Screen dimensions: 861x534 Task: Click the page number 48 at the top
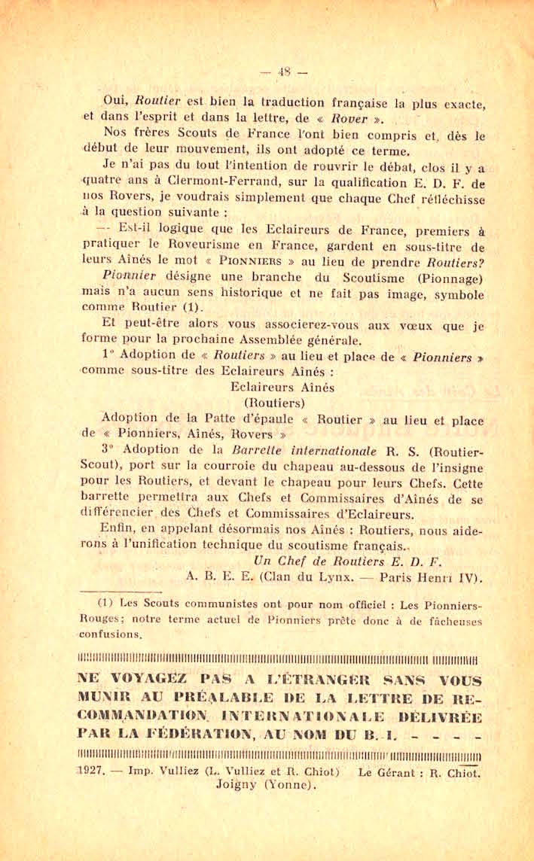click(283, 72)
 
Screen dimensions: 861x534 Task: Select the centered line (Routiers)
click(278, 403)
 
